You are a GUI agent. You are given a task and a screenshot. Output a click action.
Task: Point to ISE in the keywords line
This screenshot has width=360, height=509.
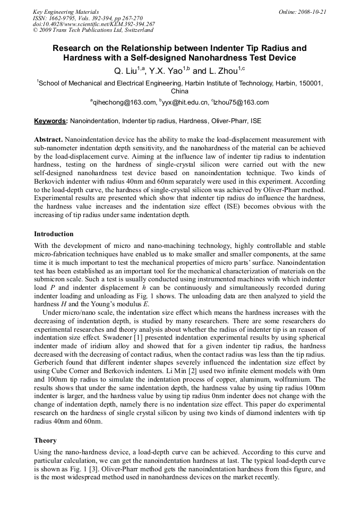coord(255,121)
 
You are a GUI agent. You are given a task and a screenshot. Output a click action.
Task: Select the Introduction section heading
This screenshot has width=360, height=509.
coord(54,234)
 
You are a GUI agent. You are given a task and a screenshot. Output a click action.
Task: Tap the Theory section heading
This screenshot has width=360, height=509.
coord(45,441)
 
